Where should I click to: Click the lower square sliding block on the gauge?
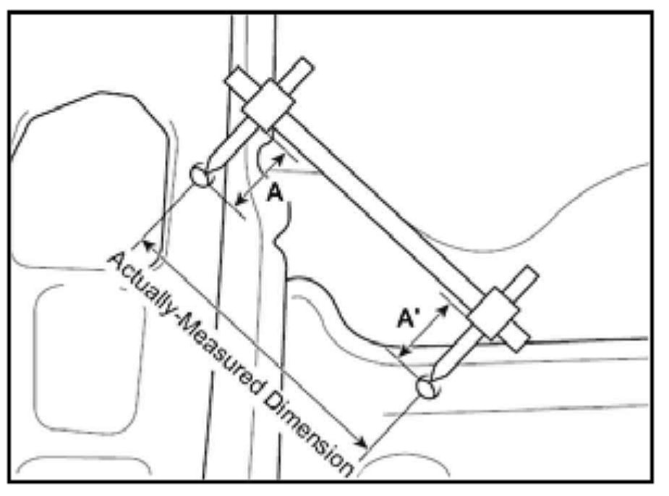tap(495, 313)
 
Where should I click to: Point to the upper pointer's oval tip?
tap(201, 175)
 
